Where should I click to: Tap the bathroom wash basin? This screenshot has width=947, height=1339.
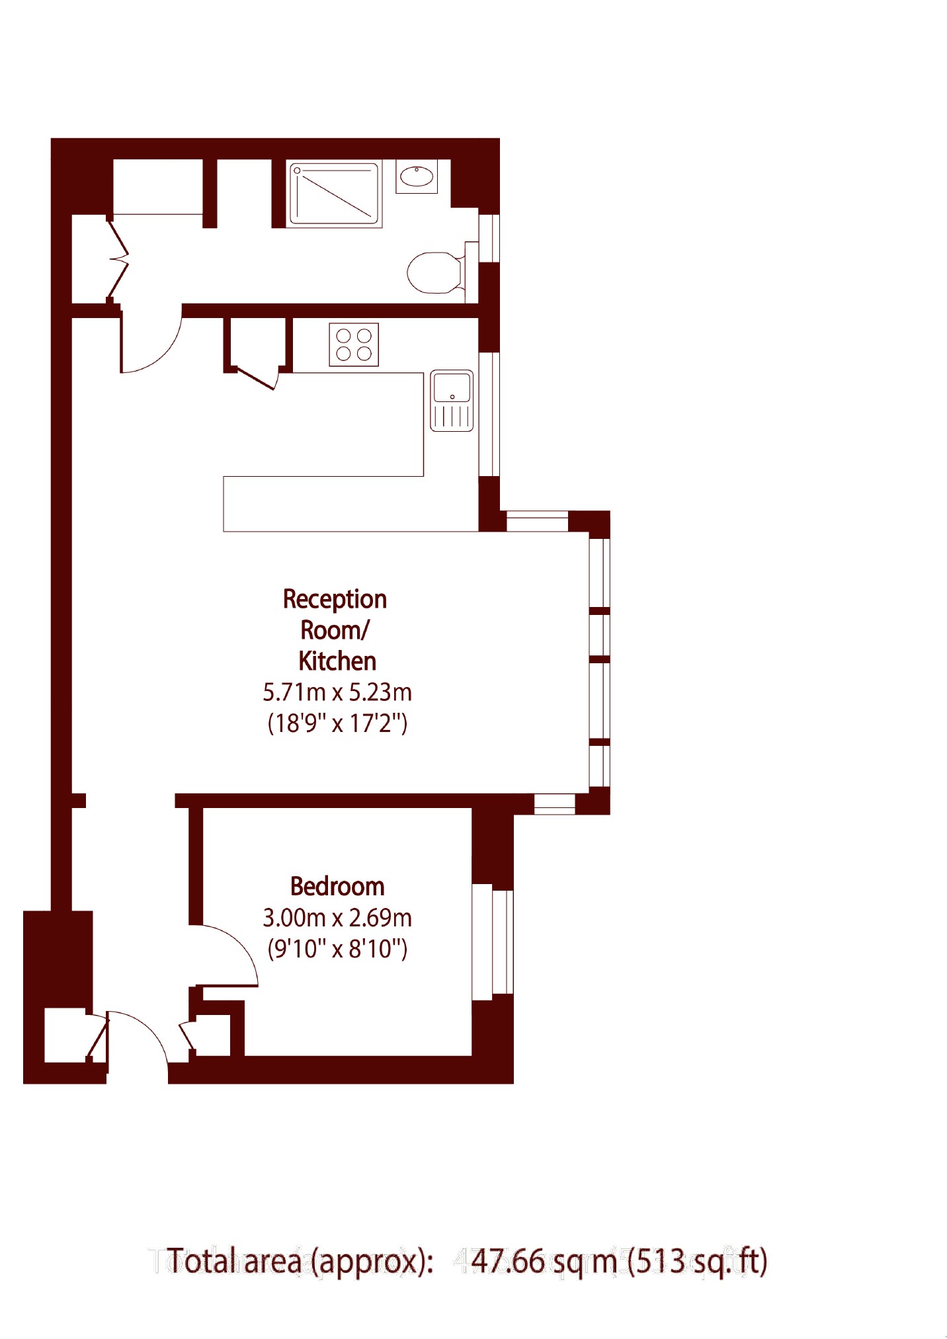[x=417, y=177]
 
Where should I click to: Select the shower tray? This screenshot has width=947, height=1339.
[x=335, y=194]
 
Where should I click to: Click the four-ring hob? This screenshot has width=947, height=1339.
[x=354, y=345]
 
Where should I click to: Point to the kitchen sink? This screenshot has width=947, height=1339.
[x=452, y=401]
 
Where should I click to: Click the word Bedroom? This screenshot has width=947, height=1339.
[x=337, y=886]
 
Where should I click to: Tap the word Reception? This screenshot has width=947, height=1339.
[x=335, y=600]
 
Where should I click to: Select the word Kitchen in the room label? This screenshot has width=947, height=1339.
[x=337, y=661]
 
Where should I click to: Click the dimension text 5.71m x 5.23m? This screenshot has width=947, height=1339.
[x=337, y=692]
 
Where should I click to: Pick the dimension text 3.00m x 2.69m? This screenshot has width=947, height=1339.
[x=337, y=918]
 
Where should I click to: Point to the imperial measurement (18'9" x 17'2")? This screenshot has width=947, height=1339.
[x=337, y=723]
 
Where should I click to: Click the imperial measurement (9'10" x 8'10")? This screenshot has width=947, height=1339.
[x=337, y=949]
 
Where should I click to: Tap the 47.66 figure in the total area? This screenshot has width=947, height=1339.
[x=508, y=1261]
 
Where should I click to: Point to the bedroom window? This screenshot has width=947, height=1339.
[x=493, y=942]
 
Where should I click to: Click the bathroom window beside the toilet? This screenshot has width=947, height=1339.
[x=489, y=238]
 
